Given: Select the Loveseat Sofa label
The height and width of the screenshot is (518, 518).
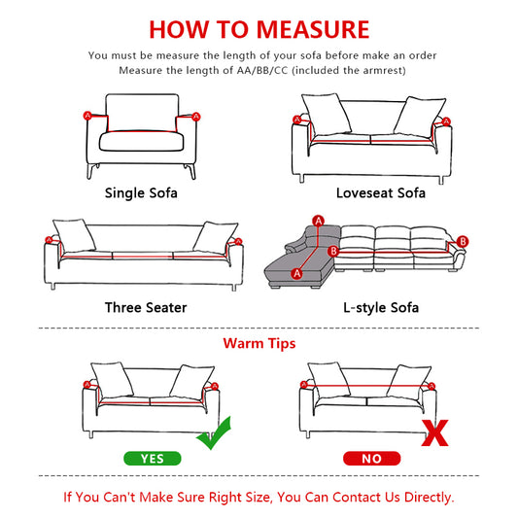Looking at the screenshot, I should [x=380, y=192].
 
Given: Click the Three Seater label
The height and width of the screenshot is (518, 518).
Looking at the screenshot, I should [x=146, y=307].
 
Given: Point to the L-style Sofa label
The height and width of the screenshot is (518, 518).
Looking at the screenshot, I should [x=381, y=307].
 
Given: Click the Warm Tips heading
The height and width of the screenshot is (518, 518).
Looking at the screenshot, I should [x=259, y=343].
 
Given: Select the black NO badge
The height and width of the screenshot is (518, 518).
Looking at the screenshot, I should [x=371, y=457].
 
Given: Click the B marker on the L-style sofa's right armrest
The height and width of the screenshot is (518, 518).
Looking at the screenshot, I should [x=463, y=241].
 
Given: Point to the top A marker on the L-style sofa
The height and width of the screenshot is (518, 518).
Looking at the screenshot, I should [x=317, y=220].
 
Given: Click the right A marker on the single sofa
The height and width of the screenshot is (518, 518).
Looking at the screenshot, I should [x=197, y=117].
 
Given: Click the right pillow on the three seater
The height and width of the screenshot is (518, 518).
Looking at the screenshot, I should [x=216, y=236].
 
